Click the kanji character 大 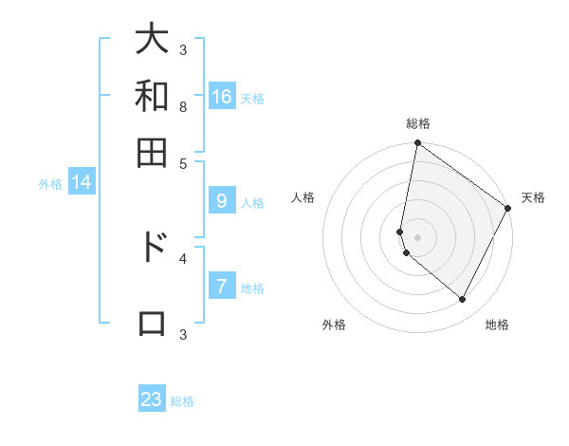coord(152,40)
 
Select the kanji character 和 coord(152,96)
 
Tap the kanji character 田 coord(152,151)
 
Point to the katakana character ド coord(152,247)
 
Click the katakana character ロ coord(152,323)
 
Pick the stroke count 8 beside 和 coord(182,107)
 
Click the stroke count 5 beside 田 coord(182,162)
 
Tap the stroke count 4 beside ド coord(182,257)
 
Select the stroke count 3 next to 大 coord(182,49)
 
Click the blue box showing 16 coord(222,96)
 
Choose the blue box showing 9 coord(222,200)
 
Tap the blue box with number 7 coord(222,287)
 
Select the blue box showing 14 coord(82,182)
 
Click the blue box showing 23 coord(152,400)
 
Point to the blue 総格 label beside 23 coord(182,401)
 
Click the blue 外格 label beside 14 coord(50,184)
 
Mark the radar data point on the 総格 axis coord(417,144)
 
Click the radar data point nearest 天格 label coord(508,209)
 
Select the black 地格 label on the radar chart coord(497,325)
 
